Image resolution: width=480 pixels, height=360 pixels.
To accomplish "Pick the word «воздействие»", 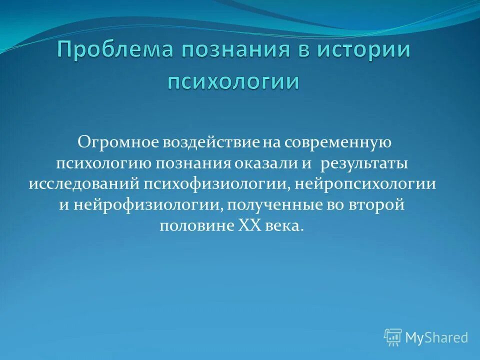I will pyautogui.click(x=210, y=143).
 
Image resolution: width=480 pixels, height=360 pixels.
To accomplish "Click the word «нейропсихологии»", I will pyautogui.click(x=365, y=183).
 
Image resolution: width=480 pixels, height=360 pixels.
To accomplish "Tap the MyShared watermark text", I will pyautogui.click(x=436, y=338).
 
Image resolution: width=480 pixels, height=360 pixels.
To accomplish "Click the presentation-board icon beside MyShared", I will pyautogui.click(x=393, y=337).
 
